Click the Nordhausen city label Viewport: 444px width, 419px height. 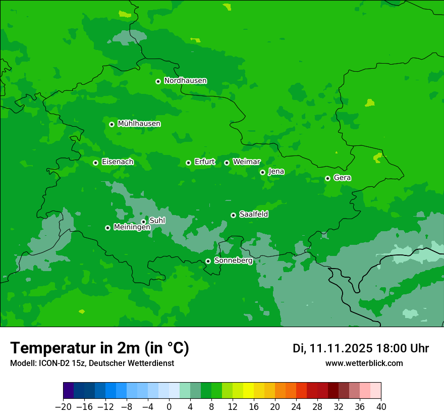pos(185,81)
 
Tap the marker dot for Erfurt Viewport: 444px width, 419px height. pos(188,163)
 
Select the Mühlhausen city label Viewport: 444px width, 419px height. pos(139,124)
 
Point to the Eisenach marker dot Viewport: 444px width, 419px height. pos(95,163)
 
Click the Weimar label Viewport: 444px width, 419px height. pos(246,162)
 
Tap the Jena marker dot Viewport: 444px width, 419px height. pos(262,172)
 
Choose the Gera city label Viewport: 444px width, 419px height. pos(342,178)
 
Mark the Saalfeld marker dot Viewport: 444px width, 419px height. pos(233,215)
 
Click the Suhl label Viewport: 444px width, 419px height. pos(157,221)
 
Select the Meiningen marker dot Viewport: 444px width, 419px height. pos(107,228)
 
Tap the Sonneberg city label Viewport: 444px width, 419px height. pos(233,260)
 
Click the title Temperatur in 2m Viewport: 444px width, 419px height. pos(99,348)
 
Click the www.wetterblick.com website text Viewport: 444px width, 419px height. pos(364,363)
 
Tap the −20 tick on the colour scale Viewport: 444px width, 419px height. pos(63,406)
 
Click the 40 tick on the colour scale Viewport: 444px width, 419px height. pos(381,406)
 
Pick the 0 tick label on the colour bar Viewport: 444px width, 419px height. pos(169,406)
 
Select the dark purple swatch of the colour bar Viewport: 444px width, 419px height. pos(69,391)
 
